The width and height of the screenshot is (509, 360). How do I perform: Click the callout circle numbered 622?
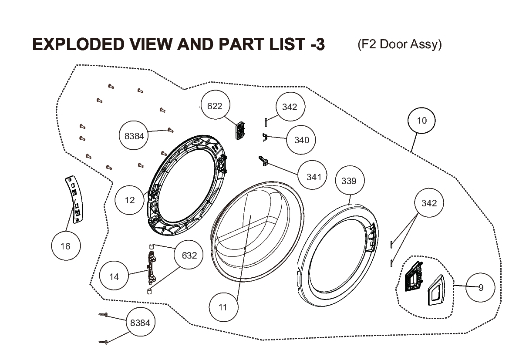(215, 105)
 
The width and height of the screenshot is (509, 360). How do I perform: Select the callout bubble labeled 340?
(301, 140)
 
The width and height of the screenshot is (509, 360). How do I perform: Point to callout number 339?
(349, 181)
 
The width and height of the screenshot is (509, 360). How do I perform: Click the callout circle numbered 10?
(421, 121)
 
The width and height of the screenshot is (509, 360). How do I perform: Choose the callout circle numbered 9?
(480, 287)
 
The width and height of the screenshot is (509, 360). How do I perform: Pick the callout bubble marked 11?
(223, 307)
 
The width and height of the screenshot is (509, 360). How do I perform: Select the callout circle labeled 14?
(114, 276)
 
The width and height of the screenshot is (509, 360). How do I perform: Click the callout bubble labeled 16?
(66, 246)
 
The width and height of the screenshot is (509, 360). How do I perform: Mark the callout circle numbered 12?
(129, 200)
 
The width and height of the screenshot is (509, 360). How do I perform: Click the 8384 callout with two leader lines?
(140, 322)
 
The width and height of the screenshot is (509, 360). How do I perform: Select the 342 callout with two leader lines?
(429, 203)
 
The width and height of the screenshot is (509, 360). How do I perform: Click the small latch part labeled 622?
(240, 131)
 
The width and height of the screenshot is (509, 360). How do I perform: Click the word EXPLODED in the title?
(78, 44)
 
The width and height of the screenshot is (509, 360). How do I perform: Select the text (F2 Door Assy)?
(400, 44)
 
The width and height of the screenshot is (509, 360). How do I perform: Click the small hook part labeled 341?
(263, 161)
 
